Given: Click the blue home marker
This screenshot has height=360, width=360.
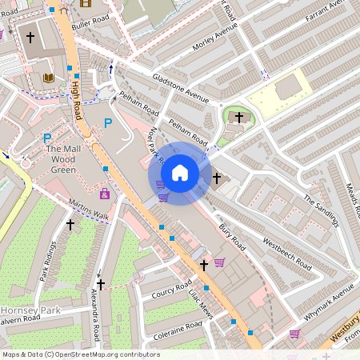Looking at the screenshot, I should [180, 173].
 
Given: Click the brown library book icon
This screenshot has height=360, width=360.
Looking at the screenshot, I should [47, 78].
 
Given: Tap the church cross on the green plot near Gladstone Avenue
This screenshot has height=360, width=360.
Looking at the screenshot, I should [238, 118].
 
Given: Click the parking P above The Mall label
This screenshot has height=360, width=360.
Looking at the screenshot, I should [47, 138].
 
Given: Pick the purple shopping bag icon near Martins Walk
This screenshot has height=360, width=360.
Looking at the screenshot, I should [105, 194].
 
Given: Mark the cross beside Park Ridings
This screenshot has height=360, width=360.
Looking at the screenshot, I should [70, 226].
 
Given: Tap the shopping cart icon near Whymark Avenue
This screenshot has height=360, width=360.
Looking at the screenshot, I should [294, 334].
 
